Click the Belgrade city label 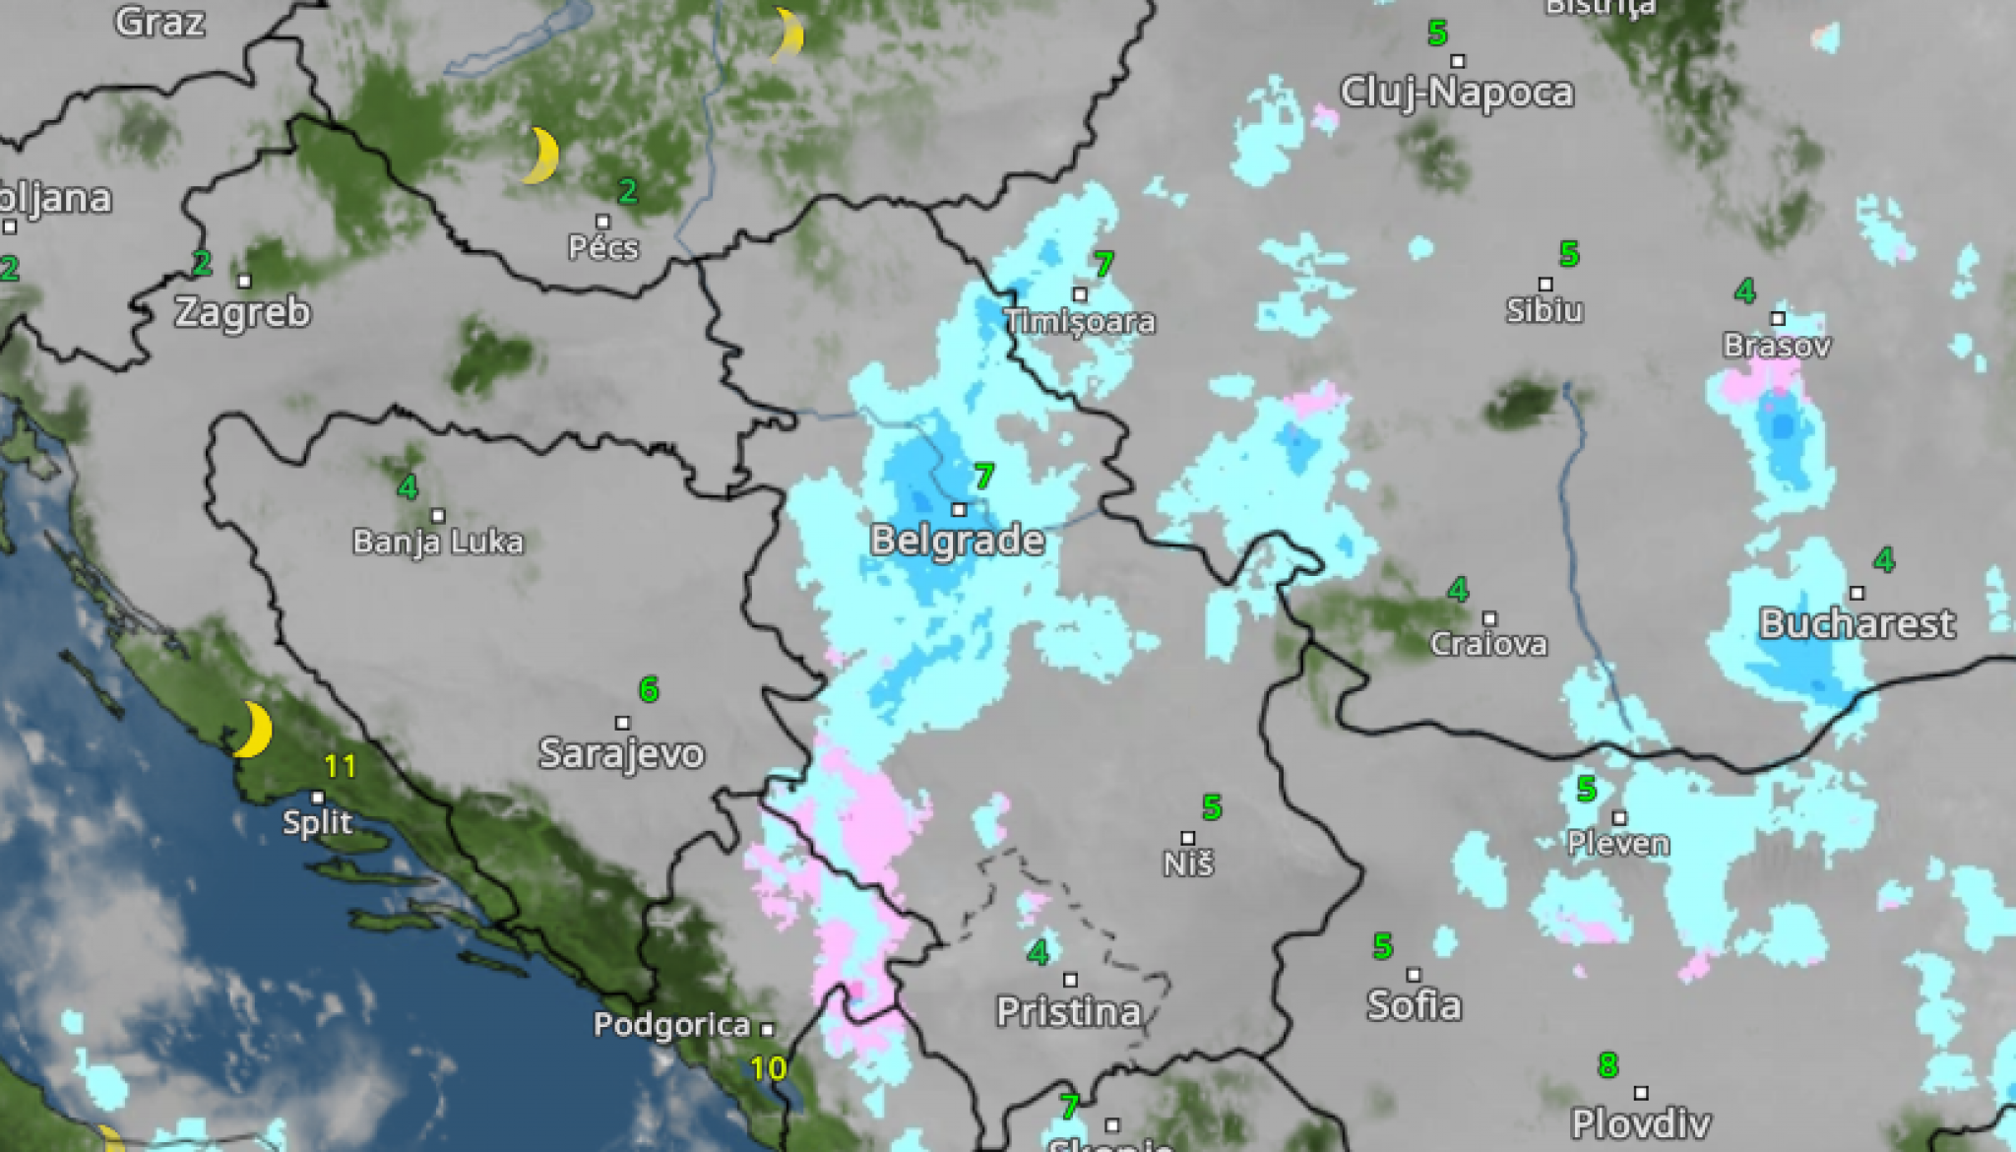pyautogui.click(x=957, y=541)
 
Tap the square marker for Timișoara pyautogui.click(x=1080, y=294)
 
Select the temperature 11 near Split pyautogui.click(x=340, y=766)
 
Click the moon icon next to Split pyautogui.click(x=254, y=730)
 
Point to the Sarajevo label pyautogui.click(x=621, y=753)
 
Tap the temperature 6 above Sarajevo pyautogui.click(x=648, y=689)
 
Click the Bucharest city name pyautogui.click(x=1857, y=623)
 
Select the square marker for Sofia pyautogui.click(x=1414, y=975)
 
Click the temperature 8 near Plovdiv pyautogui.click(x=1607, y=1064)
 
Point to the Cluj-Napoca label pyautogui.click(x=1457, y=93)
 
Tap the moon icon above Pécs pyautogui.click(x=540, y=156)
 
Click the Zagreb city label pyautogui.click(x=242, y=312)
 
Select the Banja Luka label pyautogui.click(x=438, y=542)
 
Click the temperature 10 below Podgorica pyautogui.click(x=768, y=1068)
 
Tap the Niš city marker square pyautogui.click(x=1188, y=838)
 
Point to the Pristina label pyautogui.click(x=1069, y=1011)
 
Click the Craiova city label pyautogui.click(x=1488, y=644)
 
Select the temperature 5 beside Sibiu pyautogui.click(x=1569, y=254)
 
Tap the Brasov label pyautogui.click(x=1777, y=346)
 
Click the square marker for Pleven pyautogui.click(x=1619, y=818)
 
